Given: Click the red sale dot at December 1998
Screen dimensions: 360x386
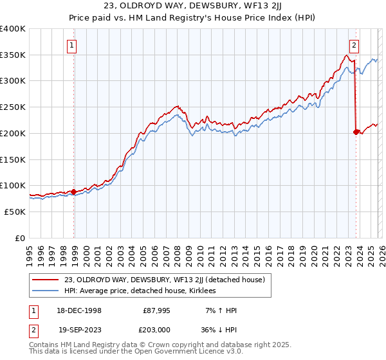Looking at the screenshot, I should click(x=74, y=191).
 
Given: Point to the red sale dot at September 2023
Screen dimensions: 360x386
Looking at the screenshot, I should click(x=356, y=131).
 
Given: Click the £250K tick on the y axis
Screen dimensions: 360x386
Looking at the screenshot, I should click(x=13, y=107).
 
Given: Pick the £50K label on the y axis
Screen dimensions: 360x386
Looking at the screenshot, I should click(x=15, y=212).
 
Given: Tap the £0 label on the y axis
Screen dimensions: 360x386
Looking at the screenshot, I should click(x=20, y=238).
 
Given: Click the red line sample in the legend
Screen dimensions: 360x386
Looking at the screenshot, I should click(x=46, y=280).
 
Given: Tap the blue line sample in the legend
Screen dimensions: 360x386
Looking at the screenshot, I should click(x=46, y=291).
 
